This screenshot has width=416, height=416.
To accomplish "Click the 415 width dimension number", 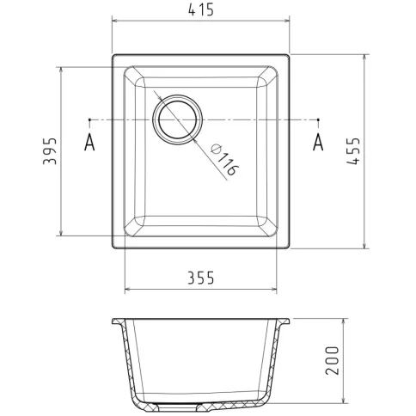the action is (x=201, y=10).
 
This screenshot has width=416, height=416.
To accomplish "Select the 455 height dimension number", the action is (x=352, y=151).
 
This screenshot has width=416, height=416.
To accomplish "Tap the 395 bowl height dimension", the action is (x=50, y=151).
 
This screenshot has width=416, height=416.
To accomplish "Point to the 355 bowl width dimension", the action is (x=201, y=278).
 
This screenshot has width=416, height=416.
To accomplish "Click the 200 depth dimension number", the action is (x=332, y=360).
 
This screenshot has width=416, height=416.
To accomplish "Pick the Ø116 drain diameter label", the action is (x=224, y=160).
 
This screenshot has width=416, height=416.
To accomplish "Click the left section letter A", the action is (x=89, y=142).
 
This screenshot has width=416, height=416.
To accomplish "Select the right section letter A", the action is (x=318, y=142).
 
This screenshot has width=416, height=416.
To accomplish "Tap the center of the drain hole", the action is (x=178, y=119).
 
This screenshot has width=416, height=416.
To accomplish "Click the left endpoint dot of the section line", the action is (x=89, y=119).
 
